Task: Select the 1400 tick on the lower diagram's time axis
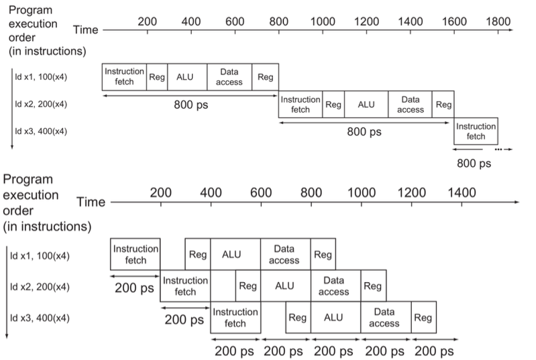click(462, 192)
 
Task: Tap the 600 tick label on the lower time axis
click(261, 192)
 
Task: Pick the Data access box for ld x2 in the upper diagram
click(410, 105)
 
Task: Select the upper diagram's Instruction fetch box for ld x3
click(476, 131)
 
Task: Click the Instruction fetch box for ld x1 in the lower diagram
click(136, 254)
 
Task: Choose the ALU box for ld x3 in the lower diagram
click(335, 318)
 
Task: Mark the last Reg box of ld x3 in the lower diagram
click(423, 318)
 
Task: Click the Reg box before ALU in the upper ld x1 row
click(157, 77)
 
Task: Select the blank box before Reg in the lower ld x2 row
click(223, 286)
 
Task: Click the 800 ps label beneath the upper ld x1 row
click(191, 105)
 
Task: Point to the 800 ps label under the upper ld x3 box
click(475, 163)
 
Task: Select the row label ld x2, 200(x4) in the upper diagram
click(42, 105)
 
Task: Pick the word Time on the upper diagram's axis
click(86, 29)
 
